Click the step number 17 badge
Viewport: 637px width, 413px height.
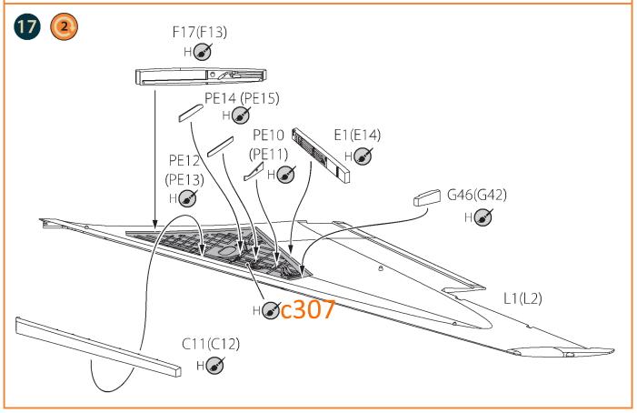pos(27,26)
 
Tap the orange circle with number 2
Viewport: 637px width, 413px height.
pos(64,26)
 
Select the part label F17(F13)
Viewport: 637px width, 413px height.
pos(200,32)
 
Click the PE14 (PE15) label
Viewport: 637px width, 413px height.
pos(242,98)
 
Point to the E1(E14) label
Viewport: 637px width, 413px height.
pos(357,135)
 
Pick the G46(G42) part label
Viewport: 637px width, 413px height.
pos(477,195)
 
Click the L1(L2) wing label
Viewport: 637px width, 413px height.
pos(523,298)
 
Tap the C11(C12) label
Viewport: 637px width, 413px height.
pos(211,344)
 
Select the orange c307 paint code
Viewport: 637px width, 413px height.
pos(308,309)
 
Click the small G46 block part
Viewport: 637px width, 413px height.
pos(427,197)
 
